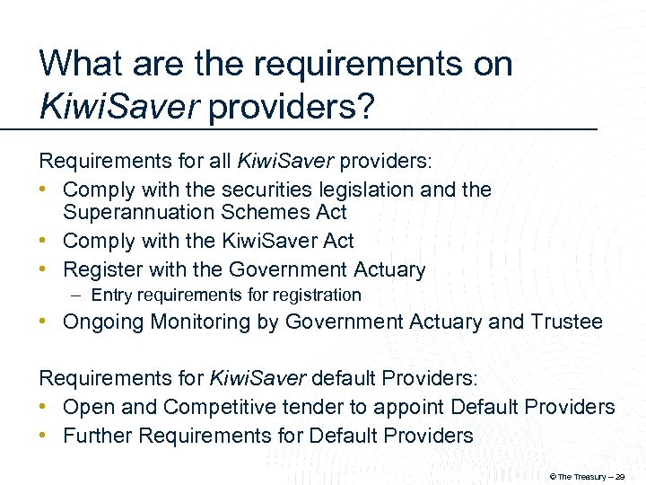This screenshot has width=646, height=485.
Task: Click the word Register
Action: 100,269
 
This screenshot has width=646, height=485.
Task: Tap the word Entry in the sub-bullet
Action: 111,295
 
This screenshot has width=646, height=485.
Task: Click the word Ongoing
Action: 100,322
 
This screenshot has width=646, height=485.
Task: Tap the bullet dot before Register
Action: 44,269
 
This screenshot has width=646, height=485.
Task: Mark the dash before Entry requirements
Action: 79,295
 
